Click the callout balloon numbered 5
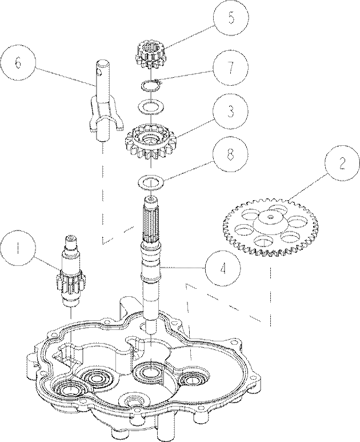tap(230, 18)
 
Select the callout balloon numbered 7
tap(230, 67)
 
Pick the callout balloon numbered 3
tap(230, 112)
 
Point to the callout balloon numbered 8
tap(230, 154)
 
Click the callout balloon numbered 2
tap(342, 164)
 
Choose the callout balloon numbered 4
tap(223, 269)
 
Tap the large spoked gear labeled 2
tap(271, 227)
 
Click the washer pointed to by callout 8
tap(152, 182)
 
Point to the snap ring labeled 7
tap(150, 85)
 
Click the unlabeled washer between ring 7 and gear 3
tap(151, 107)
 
